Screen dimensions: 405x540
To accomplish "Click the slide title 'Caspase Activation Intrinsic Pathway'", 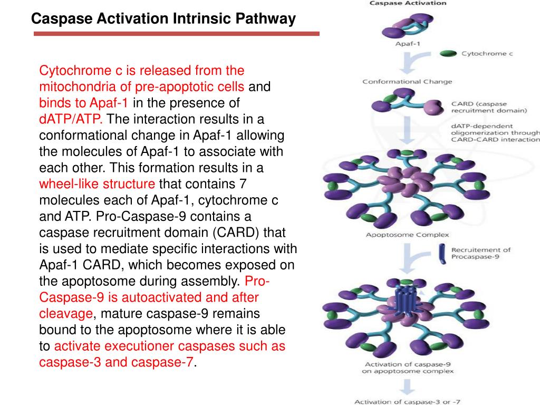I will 163,19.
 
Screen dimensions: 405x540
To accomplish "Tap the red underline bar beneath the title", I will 177,34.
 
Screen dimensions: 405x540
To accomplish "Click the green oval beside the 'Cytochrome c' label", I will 448,53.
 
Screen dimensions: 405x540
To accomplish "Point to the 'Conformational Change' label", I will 407,82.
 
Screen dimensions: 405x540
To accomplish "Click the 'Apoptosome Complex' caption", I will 408,235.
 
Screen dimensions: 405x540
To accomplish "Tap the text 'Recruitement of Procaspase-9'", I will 481,253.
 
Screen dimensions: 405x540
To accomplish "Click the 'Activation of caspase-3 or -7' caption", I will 407,402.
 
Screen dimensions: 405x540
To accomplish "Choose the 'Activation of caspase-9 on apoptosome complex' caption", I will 407,368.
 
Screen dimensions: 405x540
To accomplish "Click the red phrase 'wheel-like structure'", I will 98,184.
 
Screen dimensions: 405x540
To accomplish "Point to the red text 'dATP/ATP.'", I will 71,119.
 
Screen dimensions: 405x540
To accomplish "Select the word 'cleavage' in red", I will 66,314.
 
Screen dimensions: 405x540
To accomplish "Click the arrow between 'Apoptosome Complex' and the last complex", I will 407,258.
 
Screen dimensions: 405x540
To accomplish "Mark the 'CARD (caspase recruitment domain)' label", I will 489,107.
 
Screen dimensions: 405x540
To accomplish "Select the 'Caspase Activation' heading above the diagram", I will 407,3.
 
